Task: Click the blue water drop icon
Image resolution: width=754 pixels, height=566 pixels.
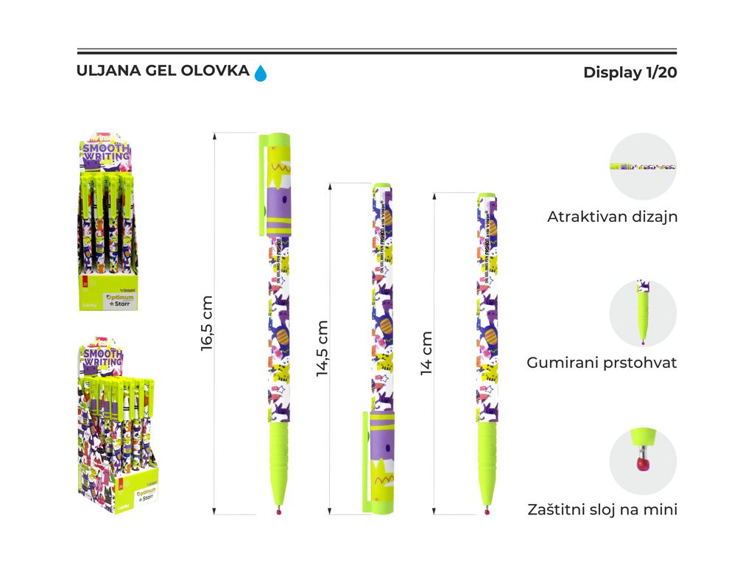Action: point(261,73)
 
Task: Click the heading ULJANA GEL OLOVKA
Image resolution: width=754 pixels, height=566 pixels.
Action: point(163,71)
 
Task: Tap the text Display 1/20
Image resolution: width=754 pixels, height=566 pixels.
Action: point(630,73)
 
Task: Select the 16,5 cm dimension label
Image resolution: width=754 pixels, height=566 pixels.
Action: point(207,323)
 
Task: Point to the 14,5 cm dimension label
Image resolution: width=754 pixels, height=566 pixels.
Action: point(323,349)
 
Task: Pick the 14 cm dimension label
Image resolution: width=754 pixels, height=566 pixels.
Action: point(426,352)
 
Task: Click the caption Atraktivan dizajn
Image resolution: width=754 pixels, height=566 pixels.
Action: point(612,217)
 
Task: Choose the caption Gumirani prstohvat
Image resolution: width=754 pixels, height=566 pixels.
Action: point(602,363)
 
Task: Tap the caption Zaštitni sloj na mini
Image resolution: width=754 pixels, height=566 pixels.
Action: point(602,509)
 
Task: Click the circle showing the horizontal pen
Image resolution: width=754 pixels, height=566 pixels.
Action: point(643,167)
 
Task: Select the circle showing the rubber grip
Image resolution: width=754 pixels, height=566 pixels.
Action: point(643,313)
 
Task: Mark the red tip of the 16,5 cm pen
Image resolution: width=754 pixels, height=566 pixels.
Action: point(278,511)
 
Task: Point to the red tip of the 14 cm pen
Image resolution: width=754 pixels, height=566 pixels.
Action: point(487,511)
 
